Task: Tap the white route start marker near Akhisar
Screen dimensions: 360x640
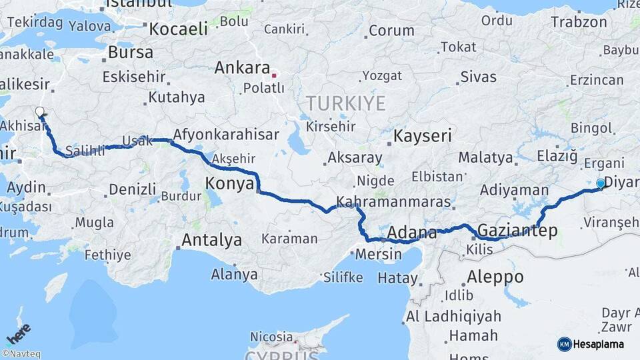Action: click(40, 112)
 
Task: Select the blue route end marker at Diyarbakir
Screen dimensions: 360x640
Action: click(601, 183)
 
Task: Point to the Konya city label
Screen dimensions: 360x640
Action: click(229, 183)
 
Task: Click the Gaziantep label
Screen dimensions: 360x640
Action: click(518, 231)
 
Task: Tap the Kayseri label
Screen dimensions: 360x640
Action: click(423, 136)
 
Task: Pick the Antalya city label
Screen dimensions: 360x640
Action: click(211, 240)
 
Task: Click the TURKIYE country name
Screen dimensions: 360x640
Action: click(345, 103)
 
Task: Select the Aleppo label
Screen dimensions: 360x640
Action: click(495, 276)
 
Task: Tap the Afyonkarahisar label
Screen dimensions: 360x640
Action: click(226, 135)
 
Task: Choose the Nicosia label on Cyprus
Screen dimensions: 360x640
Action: click(271, 337)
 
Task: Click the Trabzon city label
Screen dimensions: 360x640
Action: click(579, 21)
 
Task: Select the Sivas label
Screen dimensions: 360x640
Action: click(479, 77)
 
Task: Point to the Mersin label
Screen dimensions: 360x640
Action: click(379, 254)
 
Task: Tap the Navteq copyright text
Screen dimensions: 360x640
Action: click(21, 354)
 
